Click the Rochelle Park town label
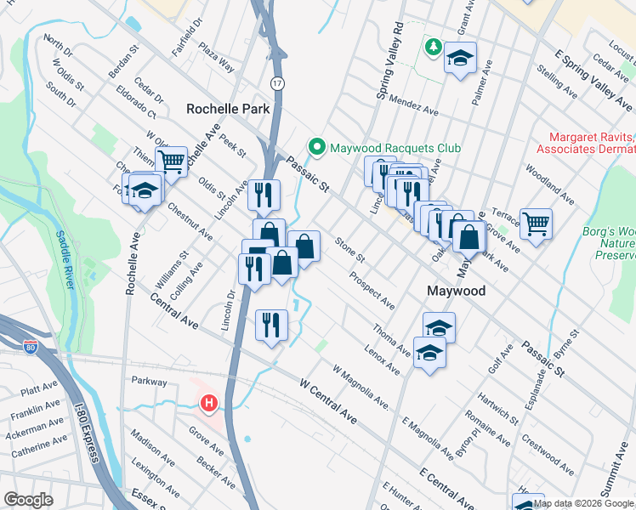(x=228, y=109)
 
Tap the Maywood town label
(x=456, y=291)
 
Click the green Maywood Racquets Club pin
(x=317, y=148)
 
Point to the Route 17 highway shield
(x=277, y=82)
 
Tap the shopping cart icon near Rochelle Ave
(x=173, y=160)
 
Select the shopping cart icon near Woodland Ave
(x=536, y=224)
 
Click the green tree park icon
(x=433, y=46)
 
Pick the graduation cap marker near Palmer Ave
(x=460, y=58)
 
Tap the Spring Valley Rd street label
(x=386, y=59)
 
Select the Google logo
(x=28, y=500)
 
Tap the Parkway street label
(x=149, y=382)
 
